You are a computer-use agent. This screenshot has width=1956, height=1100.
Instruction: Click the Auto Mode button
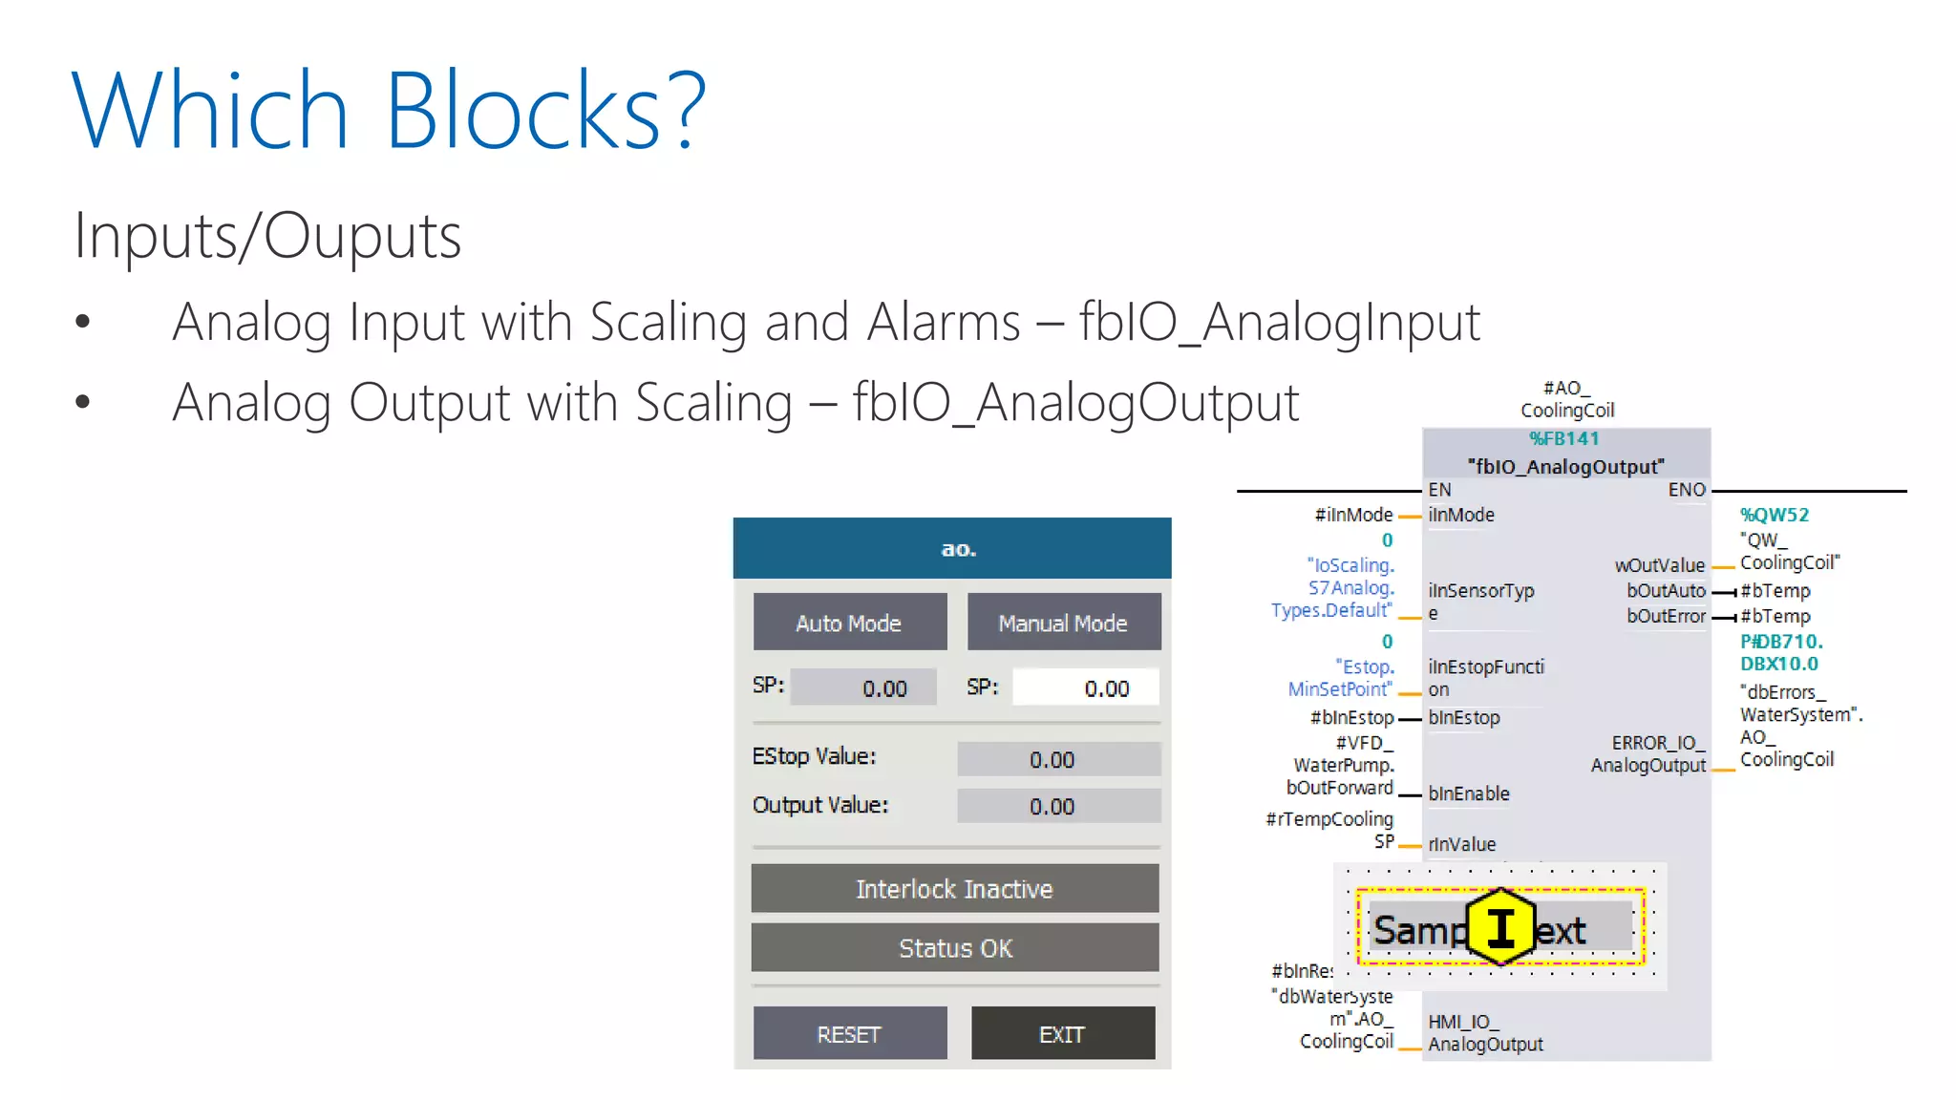(x=849, y=623)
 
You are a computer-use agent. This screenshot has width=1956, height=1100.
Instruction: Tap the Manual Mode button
(x=1063, y=623)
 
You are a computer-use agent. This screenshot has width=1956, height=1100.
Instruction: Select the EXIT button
(x=1062, y=1033)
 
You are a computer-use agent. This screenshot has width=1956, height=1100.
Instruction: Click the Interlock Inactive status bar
(x=954, y=889)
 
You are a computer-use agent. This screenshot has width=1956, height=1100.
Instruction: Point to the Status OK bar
(x=954, y=947)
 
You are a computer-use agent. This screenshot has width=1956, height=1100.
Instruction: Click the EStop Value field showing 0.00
(x=1058, y=759)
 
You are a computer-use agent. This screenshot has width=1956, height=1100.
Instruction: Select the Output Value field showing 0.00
(x=1058, y=806)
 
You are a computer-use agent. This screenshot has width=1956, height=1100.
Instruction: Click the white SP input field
(x=1086, y=687)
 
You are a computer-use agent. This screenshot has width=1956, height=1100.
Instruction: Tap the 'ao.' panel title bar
(x=951, y=548)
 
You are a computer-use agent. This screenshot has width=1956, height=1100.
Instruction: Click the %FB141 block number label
(x=1564, y=438)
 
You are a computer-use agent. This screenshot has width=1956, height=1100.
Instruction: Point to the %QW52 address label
(x=1774, y=515)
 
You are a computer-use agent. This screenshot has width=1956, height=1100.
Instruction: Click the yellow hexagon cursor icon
(x=1500, y=926)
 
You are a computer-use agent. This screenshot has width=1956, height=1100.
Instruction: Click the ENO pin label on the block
(x=1686, y=490)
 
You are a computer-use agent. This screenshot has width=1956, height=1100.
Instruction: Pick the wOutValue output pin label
(x=1659, y=565)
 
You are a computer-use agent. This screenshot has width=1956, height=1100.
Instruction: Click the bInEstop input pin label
(x=1464, y=717)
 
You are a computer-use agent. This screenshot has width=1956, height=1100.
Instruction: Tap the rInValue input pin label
(x=1462, y=844)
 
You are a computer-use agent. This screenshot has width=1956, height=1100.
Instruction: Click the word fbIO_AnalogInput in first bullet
(x=1279, y=322)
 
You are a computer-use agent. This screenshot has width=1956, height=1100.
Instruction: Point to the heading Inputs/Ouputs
(x=267, y=236)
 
